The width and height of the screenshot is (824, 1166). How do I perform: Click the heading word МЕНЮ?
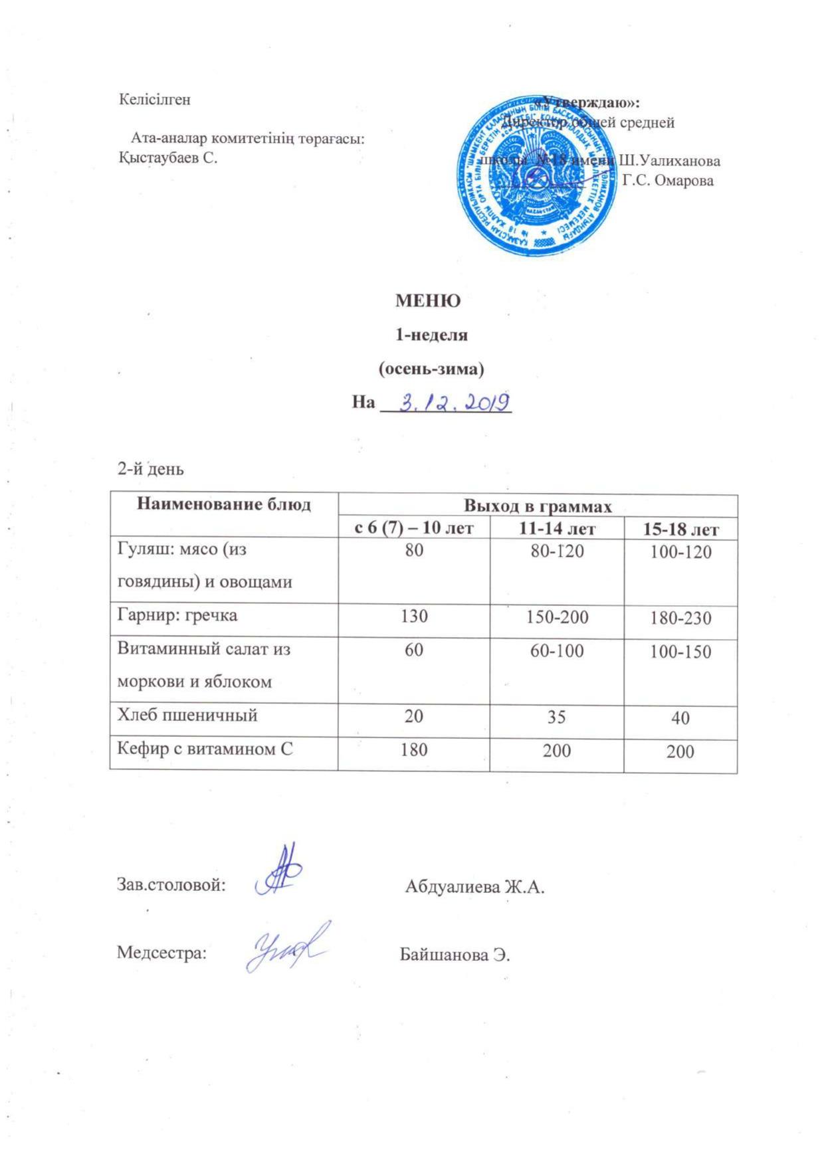tap(428, 301)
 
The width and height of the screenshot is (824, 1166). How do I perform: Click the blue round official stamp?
tap(536, 175)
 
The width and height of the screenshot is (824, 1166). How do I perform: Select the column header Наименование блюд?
tap(224, 504)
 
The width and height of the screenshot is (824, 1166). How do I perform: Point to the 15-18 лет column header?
tap(680, 530)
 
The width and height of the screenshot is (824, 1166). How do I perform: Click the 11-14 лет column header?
tap(557, 529)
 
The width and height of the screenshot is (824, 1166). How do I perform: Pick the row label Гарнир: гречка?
tap(177, 615)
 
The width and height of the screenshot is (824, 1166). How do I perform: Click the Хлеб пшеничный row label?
tap(187, 716)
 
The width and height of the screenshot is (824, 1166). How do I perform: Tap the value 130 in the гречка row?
tap(414, 616)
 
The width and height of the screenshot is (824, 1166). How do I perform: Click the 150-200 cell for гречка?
tap(557, 617)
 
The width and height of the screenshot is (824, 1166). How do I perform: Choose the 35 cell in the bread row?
tap(557, 717)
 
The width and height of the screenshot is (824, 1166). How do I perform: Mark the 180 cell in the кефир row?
tap(414, 750)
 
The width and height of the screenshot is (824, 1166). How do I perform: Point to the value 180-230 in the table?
tap(680, 619)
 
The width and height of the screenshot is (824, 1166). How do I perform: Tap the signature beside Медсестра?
tap(286, 946)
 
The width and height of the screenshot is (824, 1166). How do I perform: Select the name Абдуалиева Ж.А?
tap(474, 886)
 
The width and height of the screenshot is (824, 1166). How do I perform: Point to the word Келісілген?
tap(155, 100)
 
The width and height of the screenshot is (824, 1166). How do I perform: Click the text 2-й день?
tap(150, 469)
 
